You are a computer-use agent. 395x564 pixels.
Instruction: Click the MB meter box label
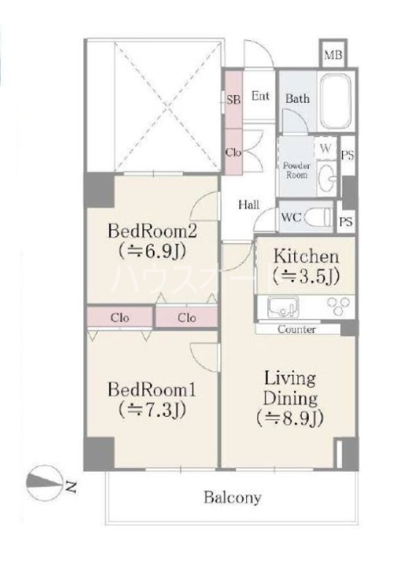(333, 55)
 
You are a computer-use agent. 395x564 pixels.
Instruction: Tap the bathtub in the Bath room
(335, 101)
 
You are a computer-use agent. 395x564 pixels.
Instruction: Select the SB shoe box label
(233, 99)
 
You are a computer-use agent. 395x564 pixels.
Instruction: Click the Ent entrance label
(260, 96)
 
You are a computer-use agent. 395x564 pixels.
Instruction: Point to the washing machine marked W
(326, 148)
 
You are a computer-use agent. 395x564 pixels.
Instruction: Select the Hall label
(248, 204)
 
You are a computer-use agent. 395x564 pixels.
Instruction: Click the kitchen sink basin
(283, 307)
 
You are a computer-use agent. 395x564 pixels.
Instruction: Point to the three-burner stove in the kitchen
(338, 306)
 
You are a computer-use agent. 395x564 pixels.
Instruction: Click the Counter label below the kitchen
(297, 329)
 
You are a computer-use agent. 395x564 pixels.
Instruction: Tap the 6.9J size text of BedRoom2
(152, 252)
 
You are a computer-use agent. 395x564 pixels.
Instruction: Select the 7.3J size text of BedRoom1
(152, 410)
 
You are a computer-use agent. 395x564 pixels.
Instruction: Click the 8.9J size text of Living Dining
(290, 418)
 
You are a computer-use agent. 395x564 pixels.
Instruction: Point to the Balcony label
(232, 498)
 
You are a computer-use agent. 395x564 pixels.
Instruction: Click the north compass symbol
(43, 485)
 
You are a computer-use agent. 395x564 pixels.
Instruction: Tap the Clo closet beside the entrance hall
(233, 152)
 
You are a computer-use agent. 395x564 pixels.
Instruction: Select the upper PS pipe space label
(348, 155)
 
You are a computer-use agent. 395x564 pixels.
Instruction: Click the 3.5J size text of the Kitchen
(305, 276)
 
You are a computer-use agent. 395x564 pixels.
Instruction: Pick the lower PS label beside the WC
(346, 221)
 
